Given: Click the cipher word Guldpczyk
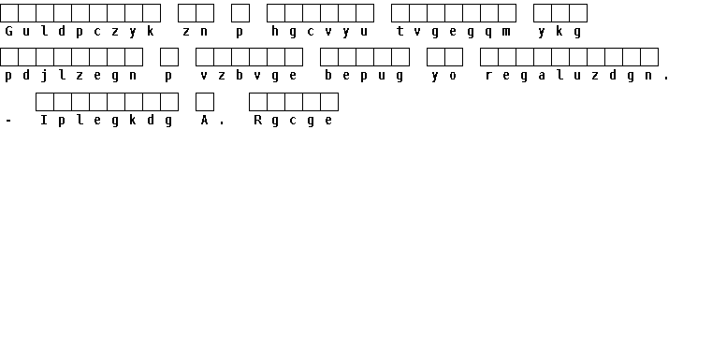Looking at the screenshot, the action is pyautogui.click(x=80, y=32).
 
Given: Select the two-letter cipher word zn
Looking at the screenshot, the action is pyautogui.click(x=196, y=32).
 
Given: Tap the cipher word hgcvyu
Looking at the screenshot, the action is pyautogui.click(x=320, y=32).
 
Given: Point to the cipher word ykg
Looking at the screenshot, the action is pyautogui.click(x=559, y=32).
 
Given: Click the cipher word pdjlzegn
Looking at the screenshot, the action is pyautogui.click(x=70, y=76).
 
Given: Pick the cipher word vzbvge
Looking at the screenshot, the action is pyautogui.click(x=248, y=76).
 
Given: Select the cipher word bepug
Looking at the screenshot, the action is pyautogui.click(x=364, y=76).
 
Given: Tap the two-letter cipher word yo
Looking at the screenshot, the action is pyautogui.click(x=444, y=77).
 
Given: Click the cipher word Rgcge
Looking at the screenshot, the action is pyautogui.click(x=293, y=121).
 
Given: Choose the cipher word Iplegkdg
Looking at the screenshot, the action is pyautogui.click(x=107, y=121).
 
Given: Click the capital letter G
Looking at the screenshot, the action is pyautogui.click(x=9, y=31).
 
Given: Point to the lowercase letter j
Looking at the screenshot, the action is pyautogui.click(x=44, y=76).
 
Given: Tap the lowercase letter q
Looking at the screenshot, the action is pyautogui.click(x=488, y=32).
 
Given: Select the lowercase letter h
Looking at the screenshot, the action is pyautogui.click(x=275, y=31).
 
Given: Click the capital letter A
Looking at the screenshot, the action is pyautogui.click(x=204, y=120).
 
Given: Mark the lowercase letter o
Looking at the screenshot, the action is pyautogui.click(x=453, y=76).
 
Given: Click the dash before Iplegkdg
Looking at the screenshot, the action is pyautogui.click(x=8, y=121).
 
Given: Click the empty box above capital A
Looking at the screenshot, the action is pyautogui.click(x=205, y=102).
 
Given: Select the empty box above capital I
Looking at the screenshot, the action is pyautogui.click(x=45, y=102).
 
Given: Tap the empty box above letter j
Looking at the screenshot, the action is pyautogui.click(x=45, y=57).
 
